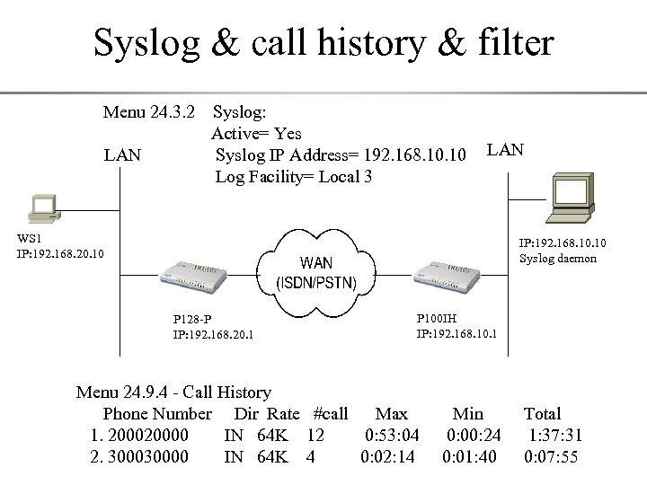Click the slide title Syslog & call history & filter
pos(323,42)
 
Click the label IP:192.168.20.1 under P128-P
pos(213,335)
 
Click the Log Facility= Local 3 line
pos(294,177)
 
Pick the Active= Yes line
pos(256,134)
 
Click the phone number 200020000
pos(148,436)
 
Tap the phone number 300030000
pos(148,456)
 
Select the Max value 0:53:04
pos(392,436)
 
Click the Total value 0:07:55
pos(551,456)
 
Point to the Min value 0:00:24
pos(474,436)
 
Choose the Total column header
pos(542,414)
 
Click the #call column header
pos(330,414)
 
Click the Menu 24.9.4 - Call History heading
pos(173,392)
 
